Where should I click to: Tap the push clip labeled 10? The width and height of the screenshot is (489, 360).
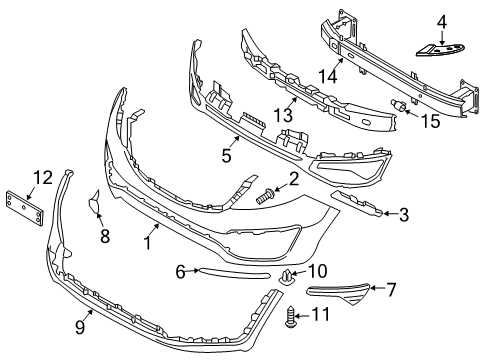[290, 276]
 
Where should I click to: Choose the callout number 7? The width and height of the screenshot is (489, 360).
[391, 291]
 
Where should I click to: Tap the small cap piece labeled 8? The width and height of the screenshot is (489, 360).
[98, 207]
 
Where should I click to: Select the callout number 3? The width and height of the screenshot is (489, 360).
[404, 212]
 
